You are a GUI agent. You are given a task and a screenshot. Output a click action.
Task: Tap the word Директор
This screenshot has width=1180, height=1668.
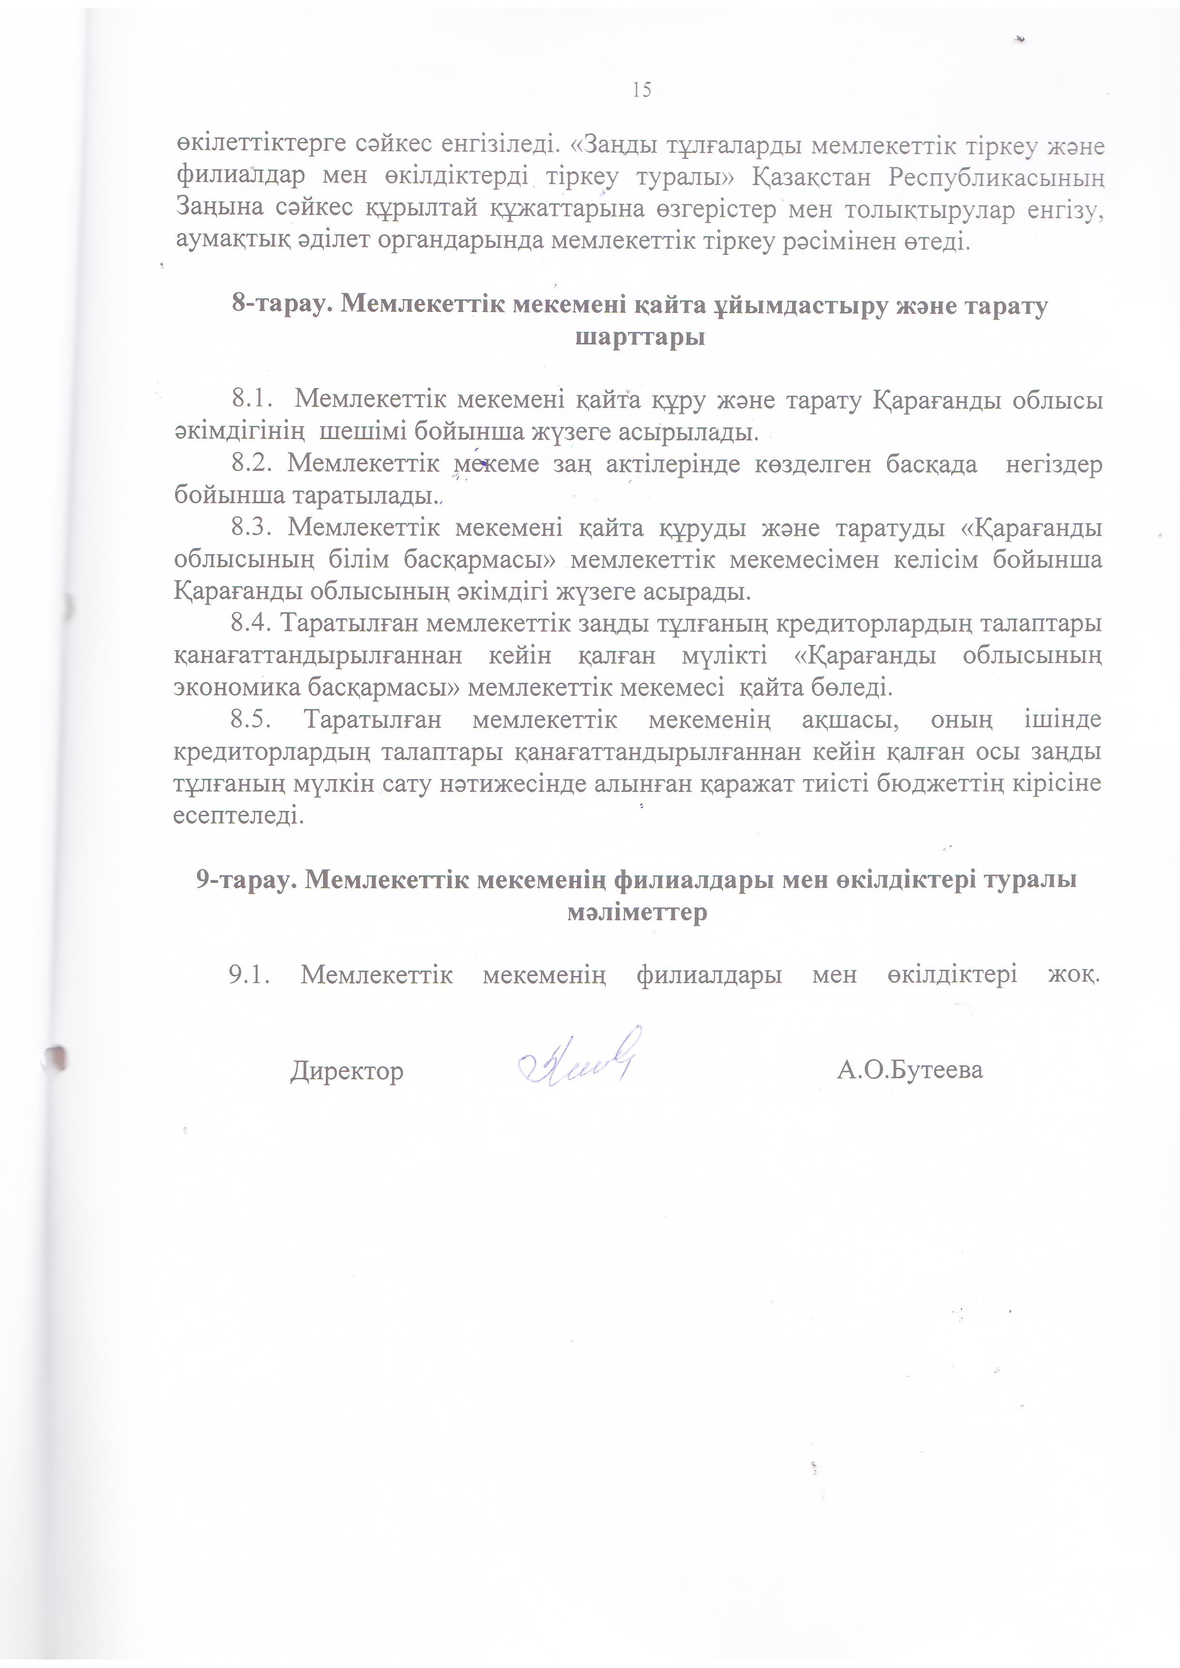coord(346,1071)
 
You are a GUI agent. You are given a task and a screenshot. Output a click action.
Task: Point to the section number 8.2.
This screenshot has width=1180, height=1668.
coord(251,464)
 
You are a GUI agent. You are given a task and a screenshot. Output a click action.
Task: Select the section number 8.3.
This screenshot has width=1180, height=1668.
coord(251,527)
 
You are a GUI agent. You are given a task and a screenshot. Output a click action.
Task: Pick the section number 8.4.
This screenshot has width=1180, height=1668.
coord(251,624)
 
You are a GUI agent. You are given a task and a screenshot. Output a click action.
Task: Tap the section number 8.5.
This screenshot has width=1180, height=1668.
coord(251,719)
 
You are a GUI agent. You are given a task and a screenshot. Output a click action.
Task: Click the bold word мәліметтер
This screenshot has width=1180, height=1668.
coord(637,912)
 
